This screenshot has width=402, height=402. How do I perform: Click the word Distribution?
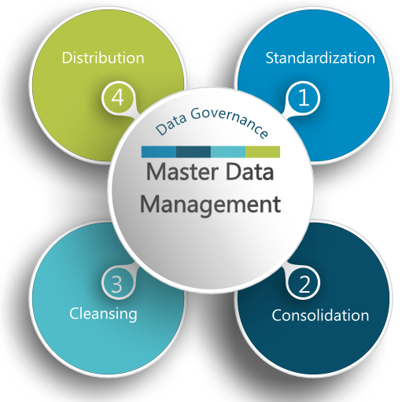[x=103, y=57]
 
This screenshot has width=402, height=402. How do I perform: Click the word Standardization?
[x=320, y=57]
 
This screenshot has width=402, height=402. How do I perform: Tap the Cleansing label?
[x=103, y=313]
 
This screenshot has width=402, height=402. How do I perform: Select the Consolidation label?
[x=320, y=315]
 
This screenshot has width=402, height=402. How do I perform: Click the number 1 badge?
[x=304, y=98]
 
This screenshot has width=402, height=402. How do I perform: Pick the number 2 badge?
[x=304, y=283]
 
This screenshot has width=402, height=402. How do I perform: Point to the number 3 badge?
[x=118, y=283]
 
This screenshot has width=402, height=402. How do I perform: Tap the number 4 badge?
[x=118, y=98]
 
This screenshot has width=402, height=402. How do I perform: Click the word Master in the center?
[x=183, y=171]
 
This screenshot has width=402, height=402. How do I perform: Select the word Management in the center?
[x=211, y=205]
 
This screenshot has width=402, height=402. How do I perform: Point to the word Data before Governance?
[x=171, y=126]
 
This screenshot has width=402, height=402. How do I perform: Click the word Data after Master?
[x=249, y=171]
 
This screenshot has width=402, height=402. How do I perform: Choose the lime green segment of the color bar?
[x=263, y=152]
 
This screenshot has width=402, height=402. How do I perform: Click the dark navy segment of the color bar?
[x=194, y=152]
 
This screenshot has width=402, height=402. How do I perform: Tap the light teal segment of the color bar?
[x=228, y=152]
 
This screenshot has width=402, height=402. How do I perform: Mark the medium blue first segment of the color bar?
[x=159, y=152]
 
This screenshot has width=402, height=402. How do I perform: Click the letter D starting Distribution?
[x=67, y=58]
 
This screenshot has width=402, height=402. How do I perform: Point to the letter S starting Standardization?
[x=271, y=58]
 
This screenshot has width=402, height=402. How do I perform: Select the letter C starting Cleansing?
[x=75, y=313]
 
